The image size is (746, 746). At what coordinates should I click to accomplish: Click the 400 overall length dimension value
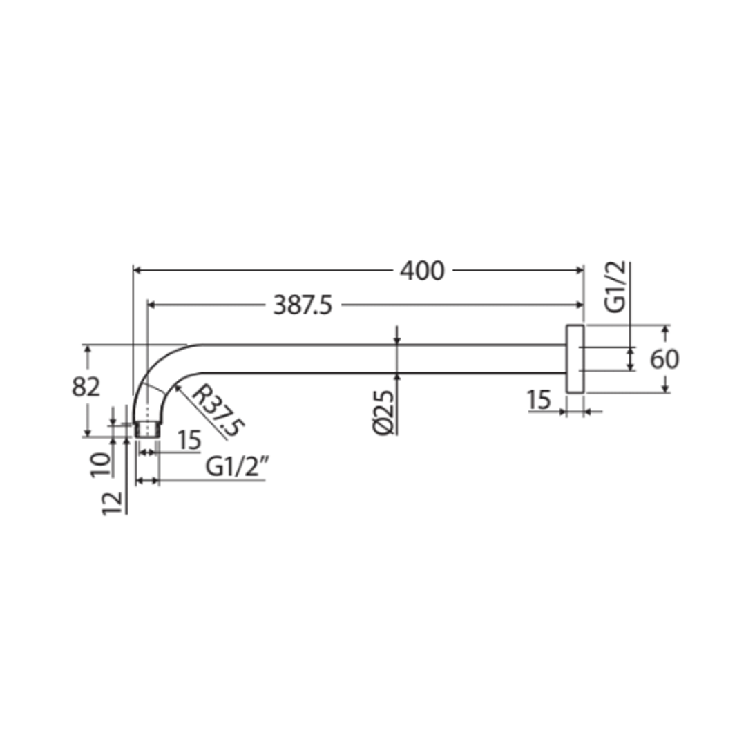click(422, 271)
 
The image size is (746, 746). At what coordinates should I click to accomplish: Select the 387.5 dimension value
click(303, 305)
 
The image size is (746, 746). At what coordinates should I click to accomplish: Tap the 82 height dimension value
click(86, 388)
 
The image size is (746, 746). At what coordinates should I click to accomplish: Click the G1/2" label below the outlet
click(236, 468)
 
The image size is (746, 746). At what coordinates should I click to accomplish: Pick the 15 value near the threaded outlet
click(189, 439)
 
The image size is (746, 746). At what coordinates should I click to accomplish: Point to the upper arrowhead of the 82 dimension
click(87, 349)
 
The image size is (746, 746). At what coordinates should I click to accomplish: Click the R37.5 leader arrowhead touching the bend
click(177, 388)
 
